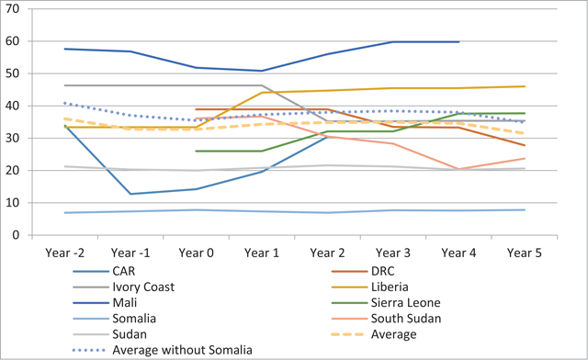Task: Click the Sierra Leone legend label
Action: pyautogui.click(x=406, y=303)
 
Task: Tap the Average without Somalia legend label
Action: pyautogui.click(x=182, y=350)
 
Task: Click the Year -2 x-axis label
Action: pyautogui.click(x=65, y=253)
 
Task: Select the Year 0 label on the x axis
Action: pyautogui.click(x=196, y=253)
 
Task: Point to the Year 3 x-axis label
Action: pyautogui.click(x=393, y=253)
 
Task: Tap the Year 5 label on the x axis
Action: pyautogui.click(x=525, y=253)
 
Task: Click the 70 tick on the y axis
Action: pyautogui.click(x=12, y=9)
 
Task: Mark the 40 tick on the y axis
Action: pyautogui.click(x=12, y=106)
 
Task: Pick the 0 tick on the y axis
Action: pyautogui.click(x=16, y=235)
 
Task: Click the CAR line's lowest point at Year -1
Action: pyautogui.click(x=130, y=194)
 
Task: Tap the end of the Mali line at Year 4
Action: pyautogui.click(x=458, y=41)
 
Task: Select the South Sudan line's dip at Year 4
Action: pyautogui.click(x=458, y=169)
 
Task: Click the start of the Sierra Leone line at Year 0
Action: pyautogui.click(x=196, y=152)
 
